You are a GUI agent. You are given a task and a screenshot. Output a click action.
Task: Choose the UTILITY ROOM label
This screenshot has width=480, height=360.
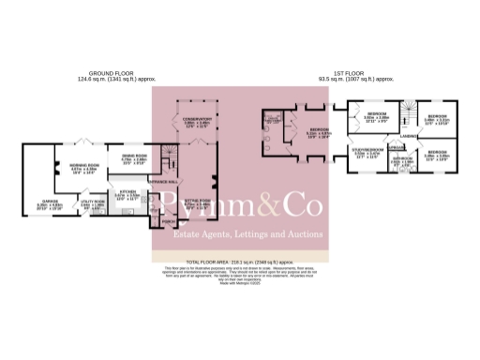[92, 202]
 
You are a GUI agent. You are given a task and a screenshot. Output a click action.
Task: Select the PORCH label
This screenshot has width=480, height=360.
[170, 223]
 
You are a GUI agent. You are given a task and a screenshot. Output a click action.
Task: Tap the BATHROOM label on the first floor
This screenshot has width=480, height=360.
[376, 159]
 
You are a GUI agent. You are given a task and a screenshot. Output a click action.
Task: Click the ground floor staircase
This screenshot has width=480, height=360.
[168, 162]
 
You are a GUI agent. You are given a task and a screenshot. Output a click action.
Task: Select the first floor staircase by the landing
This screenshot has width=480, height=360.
[405, 117]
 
